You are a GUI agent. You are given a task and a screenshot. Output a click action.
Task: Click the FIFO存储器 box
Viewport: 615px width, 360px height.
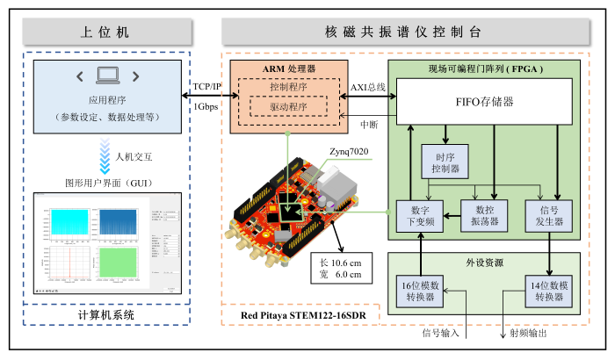(x=483, y=102)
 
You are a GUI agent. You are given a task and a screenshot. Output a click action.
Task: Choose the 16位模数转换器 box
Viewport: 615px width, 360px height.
(x=421, y=290)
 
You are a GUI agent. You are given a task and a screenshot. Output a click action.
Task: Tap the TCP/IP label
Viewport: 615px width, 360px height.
(x=207, y=87)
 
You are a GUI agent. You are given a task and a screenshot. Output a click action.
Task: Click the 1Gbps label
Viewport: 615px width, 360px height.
(x=207, y=106)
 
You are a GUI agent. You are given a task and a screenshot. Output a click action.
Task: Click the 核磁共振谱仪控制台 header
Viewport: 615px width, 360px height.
(x=404, y=32)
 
